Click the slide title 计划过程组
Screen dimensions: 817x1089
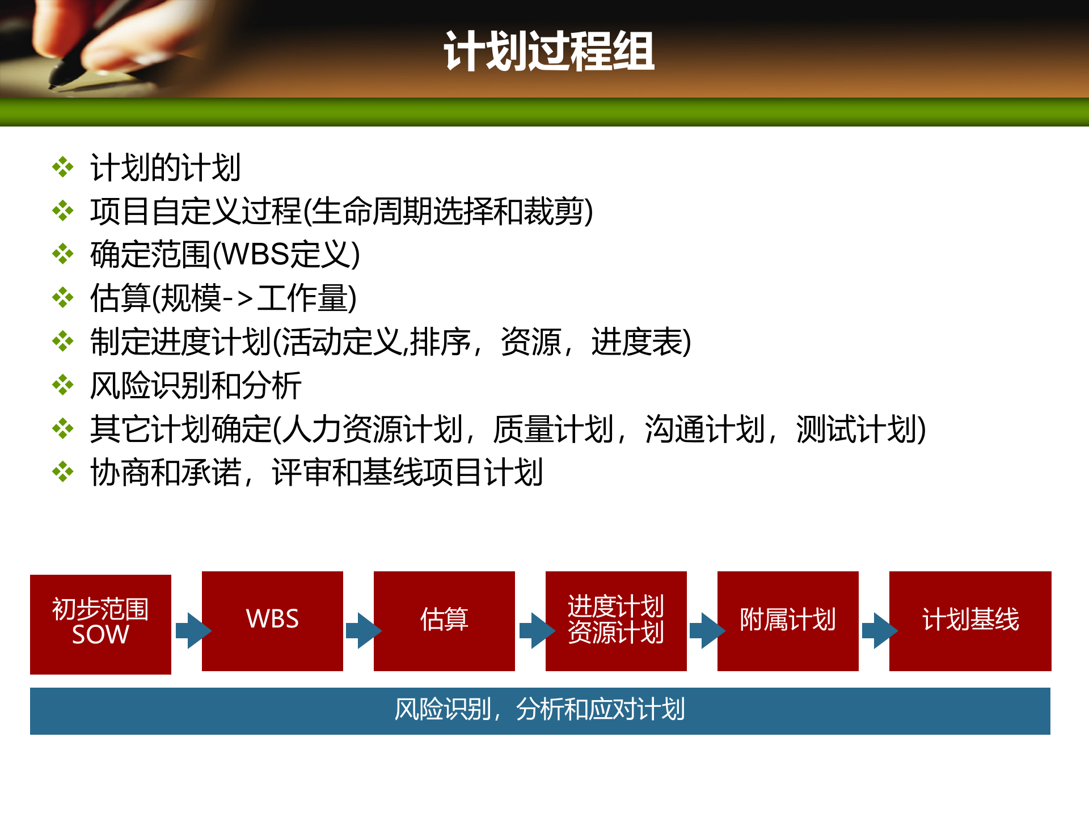[549, 52]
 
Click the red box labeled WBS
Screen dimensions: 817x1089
[272, 621]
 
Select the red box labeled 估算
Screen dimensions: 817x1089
[444, 621]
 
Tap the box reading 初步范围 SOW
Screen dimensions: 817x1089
[100, 624]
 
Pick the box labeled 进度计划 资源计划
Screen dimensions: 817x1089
[616, 621]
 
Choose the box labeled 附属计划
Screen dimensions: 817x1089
[788, 621]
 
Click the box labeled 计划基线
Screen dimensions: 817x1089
[970, 621]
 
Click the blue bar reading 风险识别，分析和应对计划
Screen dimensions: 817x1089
[540, 711]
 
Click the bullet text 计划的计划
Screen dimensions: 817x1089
[166, 168]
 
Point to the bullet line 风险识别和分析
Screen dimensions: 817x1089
[196, 386]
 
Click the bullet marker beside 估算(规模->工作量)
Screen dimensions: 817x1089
[63, 298]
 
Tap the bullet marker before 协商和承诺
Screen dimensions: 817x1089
[63, 472]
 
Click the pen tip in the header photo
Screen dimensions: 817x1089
[54, 85]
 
